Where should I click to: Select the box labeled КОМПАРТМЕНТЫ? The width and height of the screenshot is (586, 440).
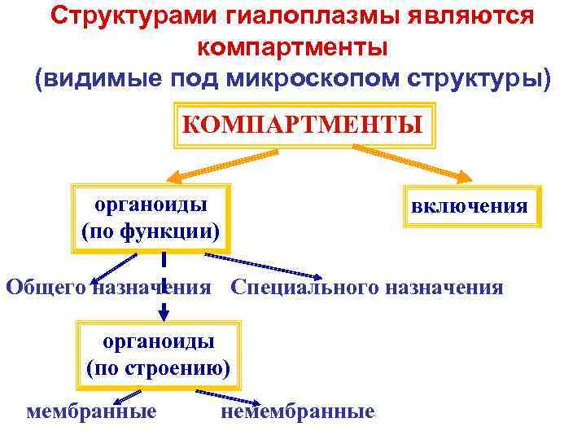click(302, 125)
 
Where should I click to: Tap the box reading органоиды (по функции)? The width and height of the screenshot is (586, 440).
click(151, 217)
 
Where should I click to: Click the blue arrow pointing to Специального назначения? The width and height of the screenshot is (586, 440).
click(260, 265)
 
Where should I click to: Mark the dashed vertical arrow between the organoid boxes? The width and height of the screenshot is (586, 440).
click(164, 286)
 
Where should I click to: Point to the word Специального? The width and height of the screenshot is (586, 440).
click(306, 288)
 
